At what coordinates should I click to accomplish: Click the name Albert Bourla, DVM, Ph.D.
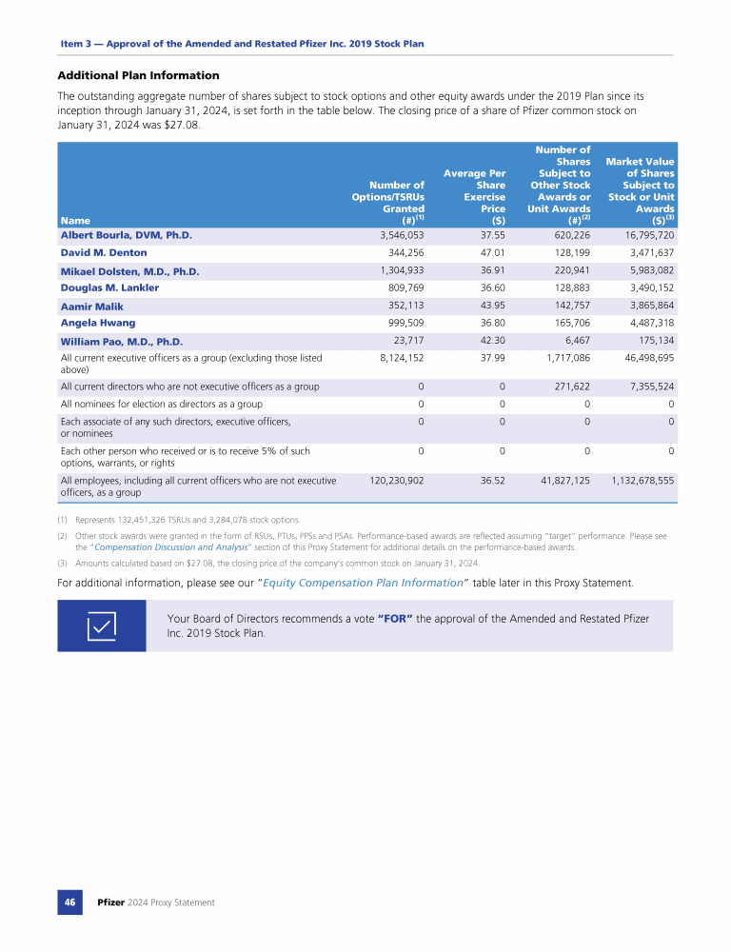click(x=127, y=234)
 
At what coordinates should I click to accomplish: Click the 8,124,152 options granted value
click(x=397, y=358)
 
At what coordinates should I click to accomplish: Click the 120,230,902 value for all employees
click(x=390, y=482)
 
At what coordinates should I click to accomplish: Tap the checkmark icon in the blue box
click(x=102, y=625)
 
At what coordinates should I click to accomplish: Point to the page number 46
click(x=70, y=902)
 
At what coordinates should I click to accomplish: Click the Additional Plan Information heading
click(x=139, y=75)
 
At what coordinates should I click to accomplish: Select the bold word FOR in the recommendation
click(x=395, y=619)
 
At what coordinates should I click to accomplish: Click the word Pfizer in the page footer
click(x=111, y=902)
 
